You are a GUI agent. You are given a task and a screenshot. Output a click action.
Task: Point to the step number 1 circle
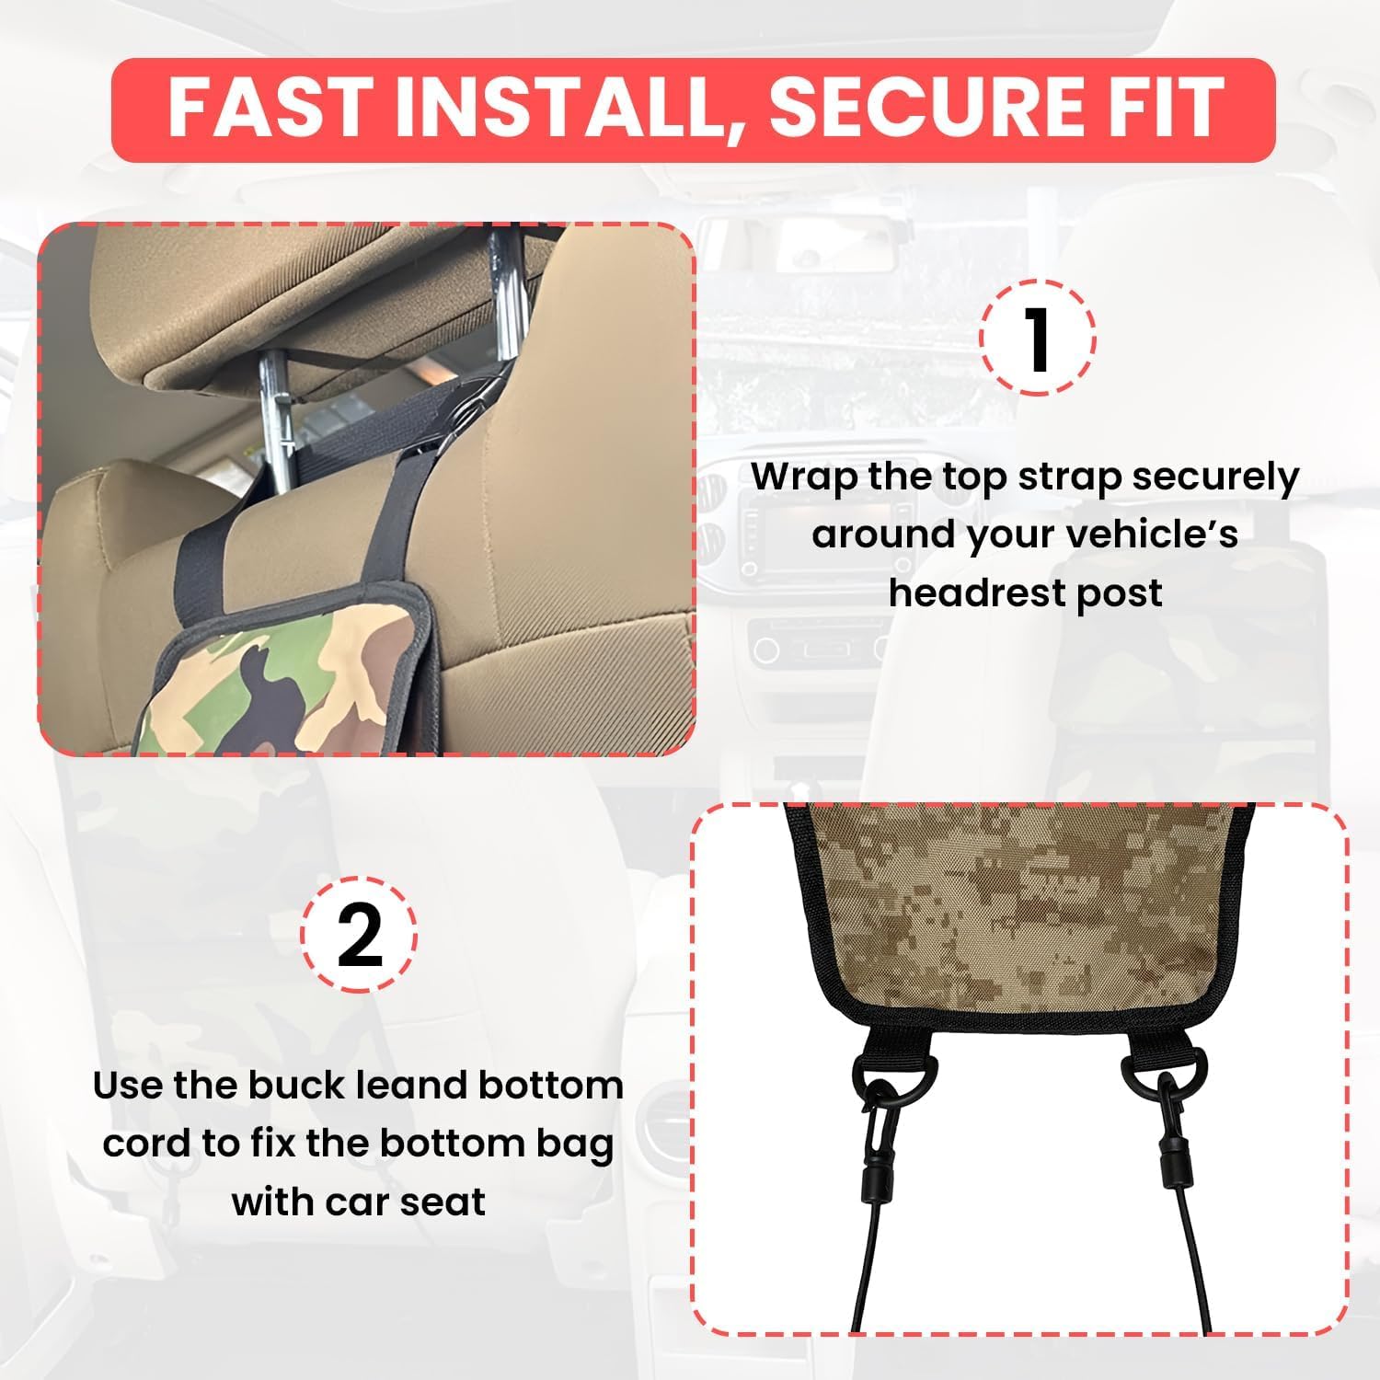(1038, 338)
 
